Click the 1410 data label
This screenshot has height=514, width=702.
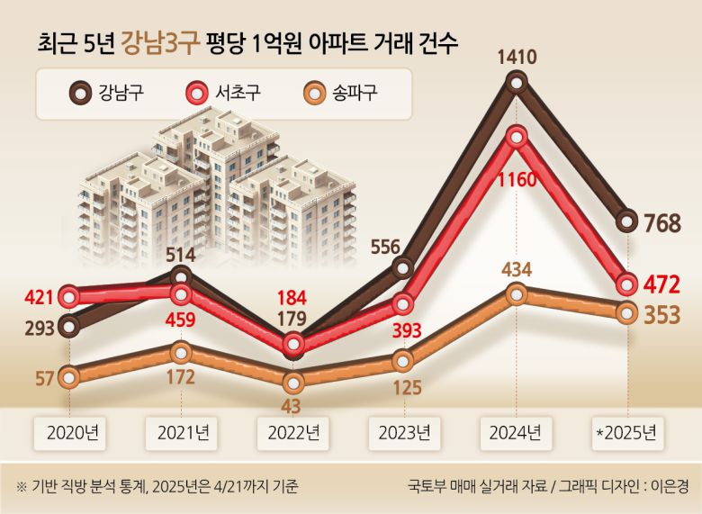point(517,59)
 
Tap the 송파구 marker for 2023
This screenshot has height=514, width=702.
point(403,361)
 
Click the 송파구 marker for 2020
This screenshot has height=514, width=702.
point(67,377)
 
